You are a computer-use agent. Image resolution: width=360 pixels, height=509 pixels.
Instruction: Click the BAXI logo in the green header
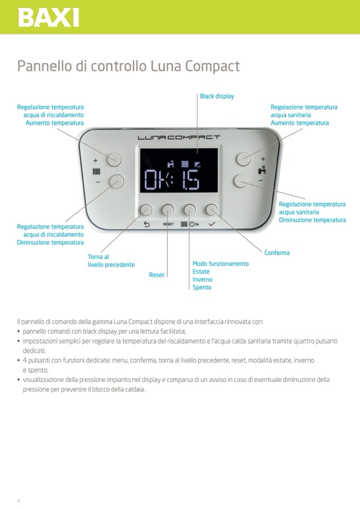click(x=48, y=18)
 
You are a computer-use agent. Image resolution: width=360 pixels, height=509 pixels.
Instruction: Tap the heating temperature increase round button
click(x=113, y=159)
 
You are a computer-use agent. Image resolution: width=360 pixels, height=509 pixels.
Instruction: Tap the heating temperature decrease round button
click(x=116, y=182)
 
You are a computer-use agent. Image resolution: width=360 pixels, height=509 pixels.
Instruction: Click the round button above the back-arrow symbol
click(x=146, y=210)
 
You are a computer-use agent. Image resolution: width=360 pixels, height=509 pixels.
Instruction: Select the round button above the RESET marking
click(x=168, y=210)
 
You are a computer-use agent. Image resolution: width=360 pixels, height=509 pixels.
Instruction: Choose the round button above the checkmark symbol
click(x=212, y=210)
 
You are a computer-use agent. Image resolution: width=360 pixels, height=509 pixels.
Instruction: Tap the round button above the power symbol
click(x=190, y=210)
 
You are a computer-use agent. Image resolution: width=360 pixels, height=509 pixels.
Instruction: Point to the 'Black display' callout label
click(x=217, y=97)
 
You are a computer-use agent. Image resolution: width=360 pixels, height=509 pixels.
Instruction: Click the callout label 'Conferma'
click(x=277, y=253)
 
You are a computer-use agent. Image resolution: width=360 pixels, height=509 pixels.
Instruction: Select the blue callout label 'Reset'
click(x=157, y=275)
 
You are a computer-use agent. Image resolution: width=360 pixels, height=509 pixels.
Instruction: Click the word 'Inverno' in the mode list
click(x=202, y=279)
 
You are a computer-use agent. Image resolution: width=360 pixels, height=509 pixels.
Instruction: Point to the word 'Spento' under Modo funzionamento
click(x=202, y=287)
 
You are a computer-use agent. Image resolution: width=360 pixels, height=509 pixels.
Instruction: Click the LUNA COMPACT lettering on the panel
click(x=179, y=137)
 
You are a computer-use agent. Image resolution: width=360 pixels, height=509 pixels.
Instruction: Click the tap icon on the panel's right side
click(x=262, y=170)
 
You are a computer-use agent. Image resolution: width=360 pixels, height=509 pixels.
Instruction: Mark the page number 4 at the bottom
click(x=19, y=501)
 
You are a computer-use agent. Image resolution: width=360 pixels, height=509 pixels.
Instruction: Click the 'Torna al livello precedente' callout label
click(x=111, y=261)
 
